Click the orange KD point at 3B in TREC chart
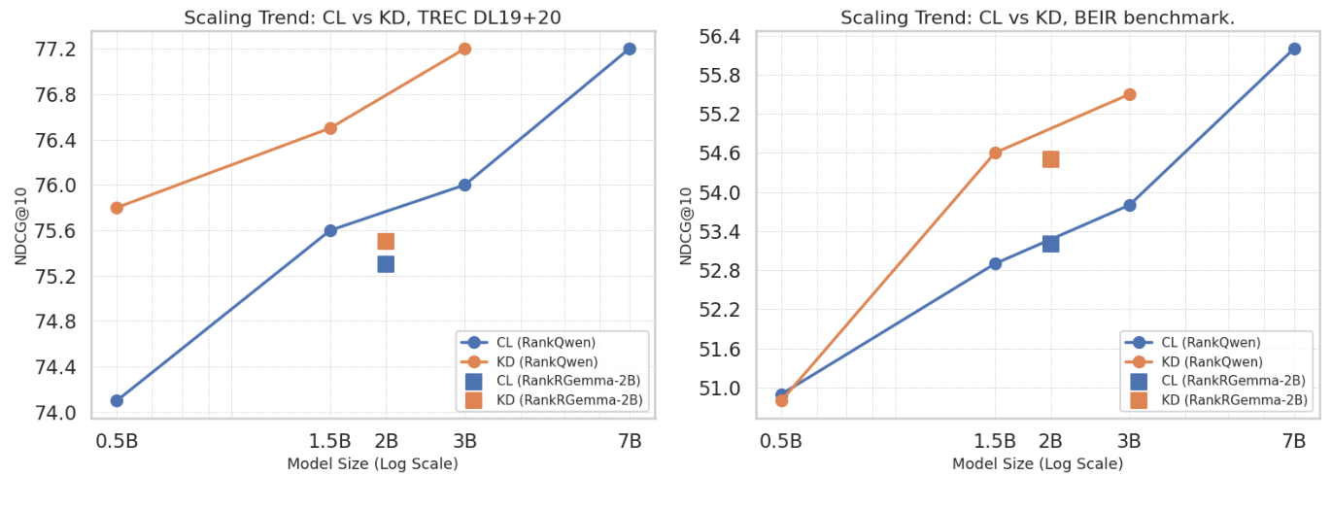tap(464, 49)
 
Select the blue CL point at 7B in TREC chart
tap(630, 49)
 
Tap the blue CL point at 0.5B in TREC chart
tap(117, 400)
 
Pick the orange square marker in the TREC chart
tap(386, 241)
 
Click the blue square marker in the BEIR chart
tap(1050, 243)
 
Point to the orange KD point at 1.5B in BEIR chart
tap(995, 153)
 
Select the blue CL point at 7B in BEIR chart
tap(1294, 49)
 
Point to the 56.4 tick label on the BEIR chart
tap(720, 37)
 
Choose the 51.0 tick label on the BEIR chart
tap(720, 389)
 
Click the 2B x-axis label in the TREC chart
tap(386, 441)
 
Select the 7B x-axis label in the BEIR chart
tap(1294, 441)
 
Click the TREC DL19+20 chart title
tap(373, 17)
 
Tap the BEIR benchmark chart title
tap(1037, 17)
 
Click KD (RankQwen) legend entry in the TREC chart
tap(545, 361)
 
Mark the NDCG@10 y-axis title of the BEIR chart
tap(687, 225)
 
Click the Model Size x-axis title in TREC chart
tap(373, 464)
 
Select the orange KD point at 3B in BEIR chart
tap(1129, 94)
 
